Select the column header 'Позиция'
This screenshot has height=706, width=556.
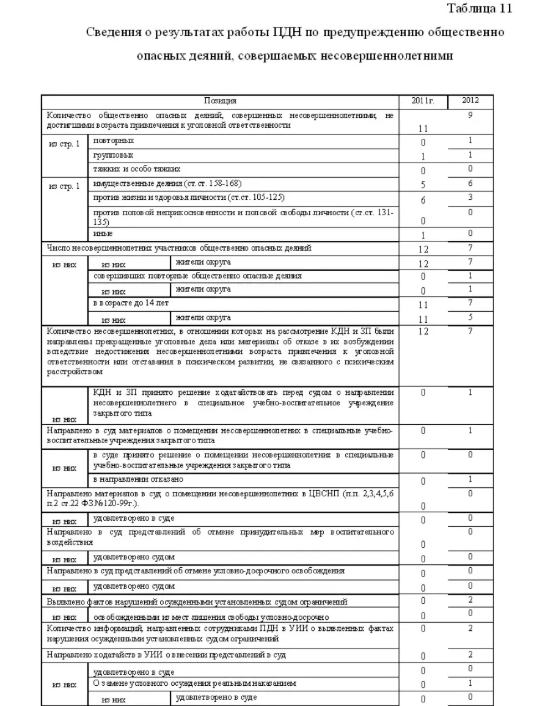coord(220,100)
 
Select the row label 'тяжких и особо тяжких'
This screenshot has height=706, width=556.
coord(136,169)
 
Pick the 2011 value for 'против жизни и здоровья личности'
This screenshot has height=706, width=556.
coord(423,200)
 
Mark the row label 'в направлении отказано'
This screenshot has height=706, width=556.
coord(138,479)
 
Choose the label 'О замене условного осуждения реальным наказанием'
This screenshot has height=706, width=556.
coord(194,683)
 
